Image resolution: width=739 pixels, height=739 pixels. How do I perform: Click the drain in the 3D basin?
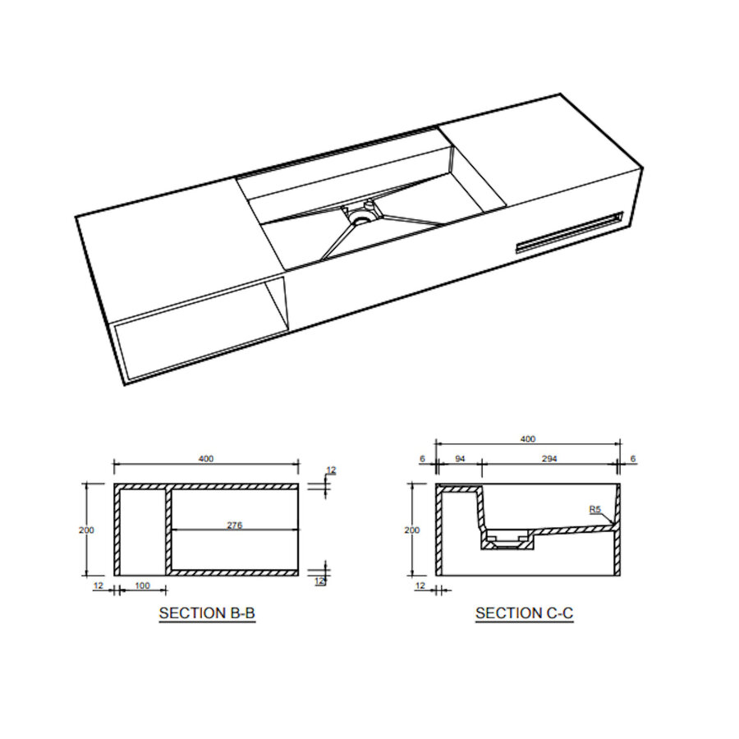point(360,215)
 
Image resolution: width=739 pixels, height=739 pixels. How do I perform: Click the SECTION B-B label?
point(207,613)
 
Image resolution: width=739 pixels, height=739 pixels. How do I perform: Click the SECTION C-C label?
point(524,613)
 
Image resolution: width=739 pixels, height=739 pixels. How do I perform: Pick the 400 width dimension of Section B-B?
point(206,459)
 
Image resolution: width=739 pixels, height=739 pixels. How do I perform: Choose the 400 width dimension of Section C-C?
point(527,438)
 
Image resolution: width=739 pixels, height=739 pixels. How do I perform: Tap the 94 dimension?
point(459,458)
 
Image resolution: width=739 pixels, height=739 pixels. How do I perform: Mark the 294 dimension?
point(549,458)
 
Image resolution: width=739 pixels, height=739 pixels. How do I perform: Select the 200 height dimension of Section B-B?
point(86,530)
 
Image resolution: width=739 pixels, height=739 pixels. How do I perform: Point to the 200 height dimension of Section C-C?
point(412,530)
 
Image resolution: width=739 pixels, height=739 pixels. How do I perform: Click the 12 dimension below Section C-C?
point(421,585)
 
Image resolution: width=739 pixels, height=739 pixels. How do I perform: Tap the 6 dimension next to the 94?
point(421,458)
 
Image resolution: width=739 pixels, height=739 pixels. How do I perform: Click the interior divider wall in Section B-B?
point(168,530)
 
